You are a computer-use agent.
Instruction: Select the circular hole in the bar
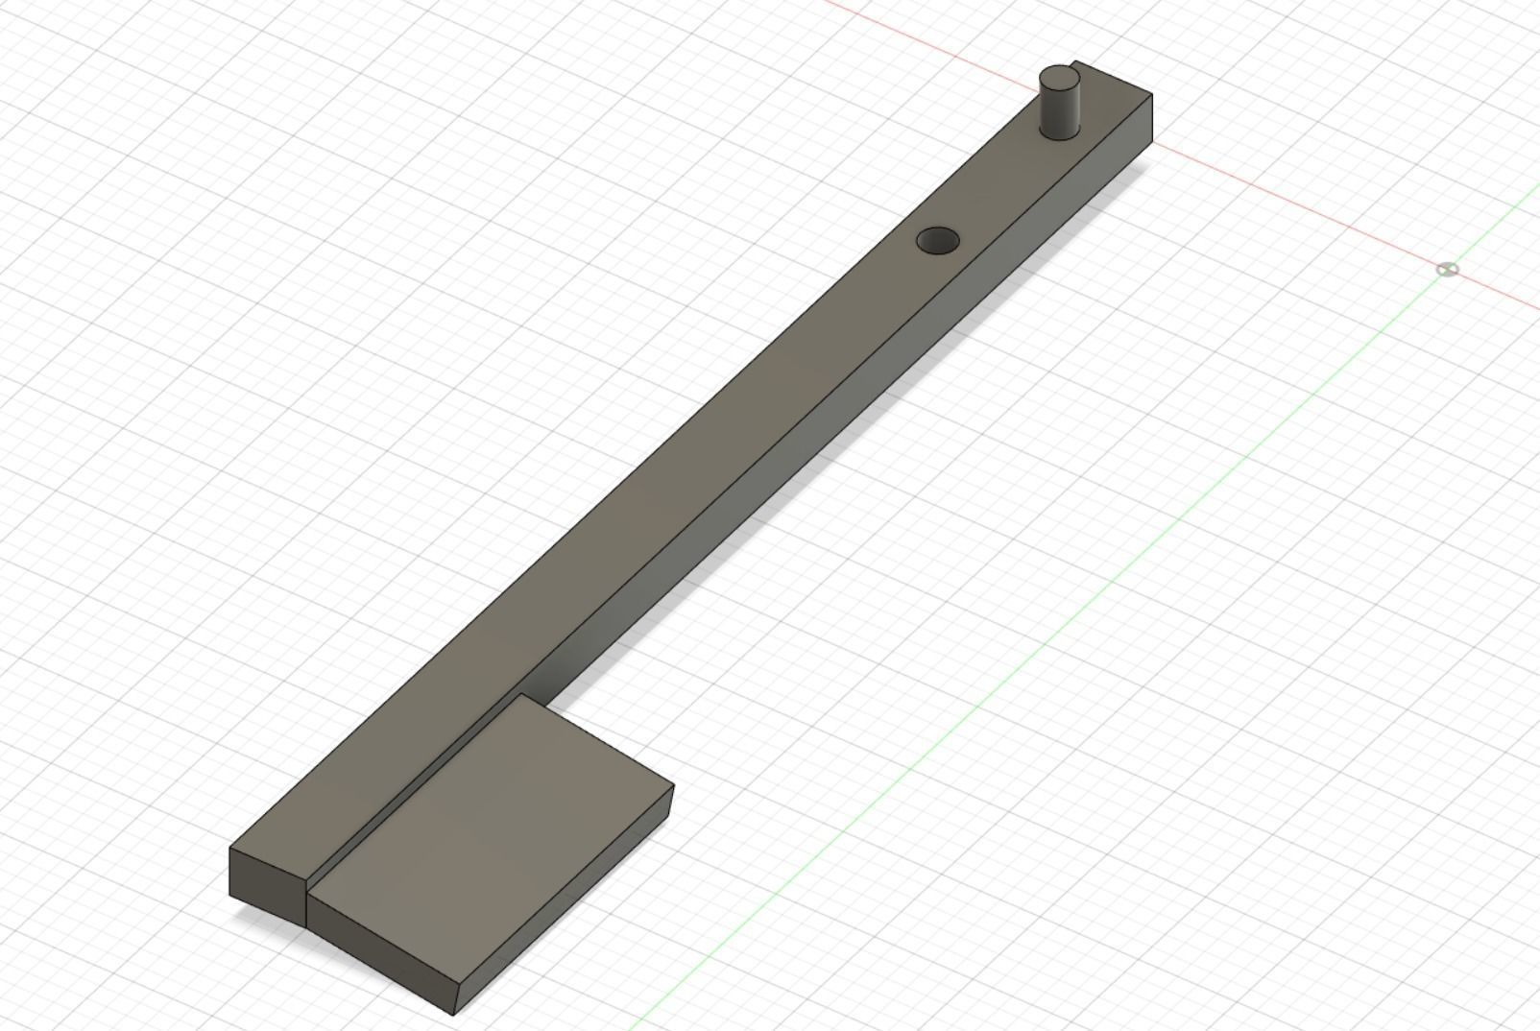[938, 241]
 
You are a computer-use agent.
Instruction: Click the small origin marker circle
[1447, 270]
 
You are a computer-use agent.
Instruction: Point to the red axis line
[1296, 207]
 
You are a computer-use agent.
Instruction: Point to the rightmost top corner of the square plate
[673, 786]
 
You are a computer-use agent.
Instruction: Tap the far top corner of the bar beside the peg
[1151, 95]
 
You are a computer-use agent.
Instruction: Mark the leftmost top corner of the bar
[230, 849]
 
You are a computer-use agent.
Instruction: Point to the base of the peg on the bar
[1060, 135]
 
